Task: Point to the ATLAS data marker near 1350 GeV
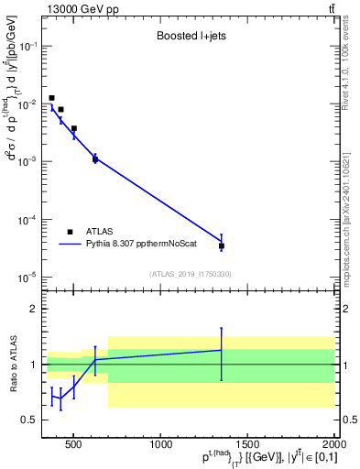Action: click(222, 245)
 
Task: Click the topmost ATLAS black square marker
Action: click(52, 98)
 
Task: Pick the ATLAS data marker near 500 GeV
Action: click(74, 129)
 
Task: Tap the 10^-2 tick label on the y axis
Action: click(28, 104)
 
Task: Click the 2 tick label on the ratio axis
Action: click(32, 309)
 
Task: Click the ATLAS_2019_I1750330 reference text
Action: click(189, 274)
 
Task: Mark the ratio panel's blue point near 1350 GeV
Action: click(222, 350)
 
